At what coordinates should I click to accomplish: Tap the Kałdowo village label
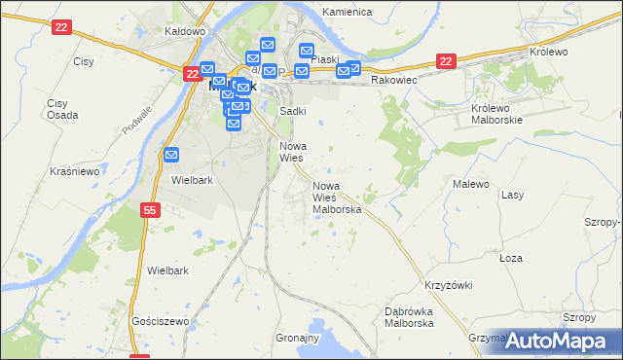pos(185,31)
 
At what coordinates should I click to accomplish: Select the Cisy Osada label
pos(57,109)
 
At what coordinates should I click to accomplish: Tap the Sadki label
pos(293,111)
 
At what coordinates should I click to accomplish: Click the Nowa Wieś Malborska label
pos(337,198)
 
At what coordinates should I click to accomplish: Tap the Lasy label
pos(512,195)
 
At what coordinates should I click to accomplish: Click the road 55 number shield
pos(149,209)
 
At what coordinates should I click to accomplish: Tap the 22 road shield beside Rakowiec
pos(445,60)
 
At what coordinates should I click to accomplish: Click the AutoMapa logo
pos(558,341)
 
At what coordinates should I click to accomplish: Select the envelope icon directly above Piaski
pos(307,52)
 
